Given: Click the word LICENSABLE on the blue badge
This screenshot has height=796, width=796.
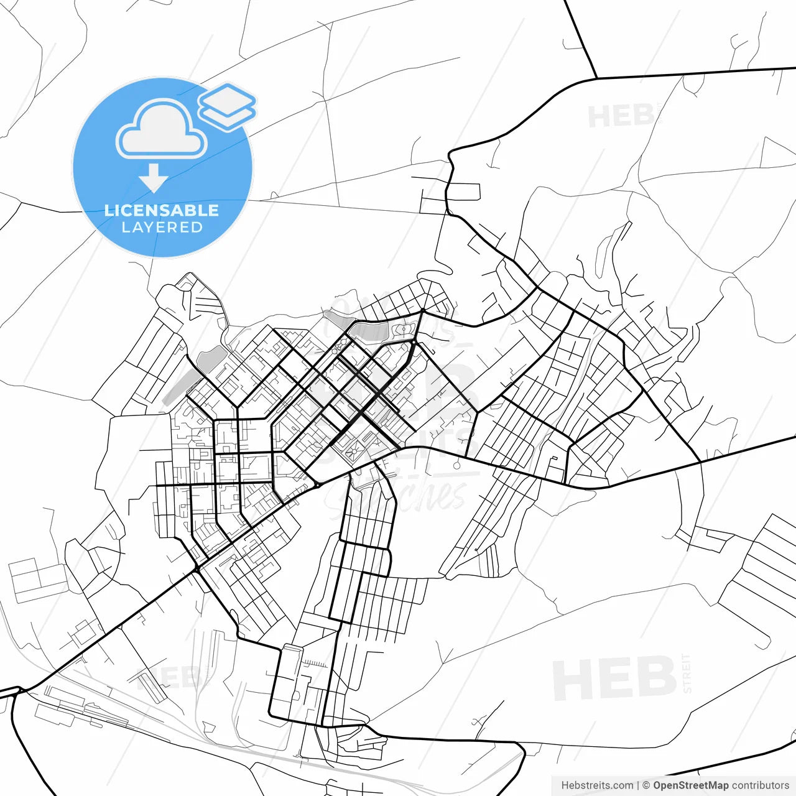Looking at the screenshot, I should [162, 210].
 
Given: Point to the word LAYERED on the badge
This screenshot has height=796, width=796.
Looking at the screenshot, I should [162, 228].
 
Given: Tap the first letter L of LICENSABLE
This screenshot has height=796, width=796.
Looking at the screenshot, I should [108, 210].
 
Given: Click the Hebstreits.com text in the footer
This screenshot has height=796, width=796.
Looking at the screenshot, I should [597, 785].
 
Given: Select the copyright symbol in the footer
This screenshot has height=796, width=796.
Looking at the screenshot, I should [646, 785].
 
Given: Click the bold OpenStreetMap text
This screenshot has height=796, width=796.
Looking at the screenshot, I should [690, 785].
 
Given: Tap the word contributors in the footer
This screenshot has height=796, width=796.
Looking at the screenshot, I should [760, 785].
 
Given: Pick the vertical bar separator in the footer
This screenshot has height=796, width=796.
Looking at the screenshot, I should [638, 785].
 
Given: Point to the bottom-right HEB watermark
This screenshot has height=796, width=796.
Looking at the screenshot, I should [614, 678].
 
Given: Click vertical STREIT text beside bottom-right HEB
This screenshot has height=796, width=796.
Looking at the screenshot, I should [687, 673].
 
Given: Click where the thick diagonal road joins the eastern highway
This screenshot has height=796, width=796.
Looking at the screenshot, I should [700, 462].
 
